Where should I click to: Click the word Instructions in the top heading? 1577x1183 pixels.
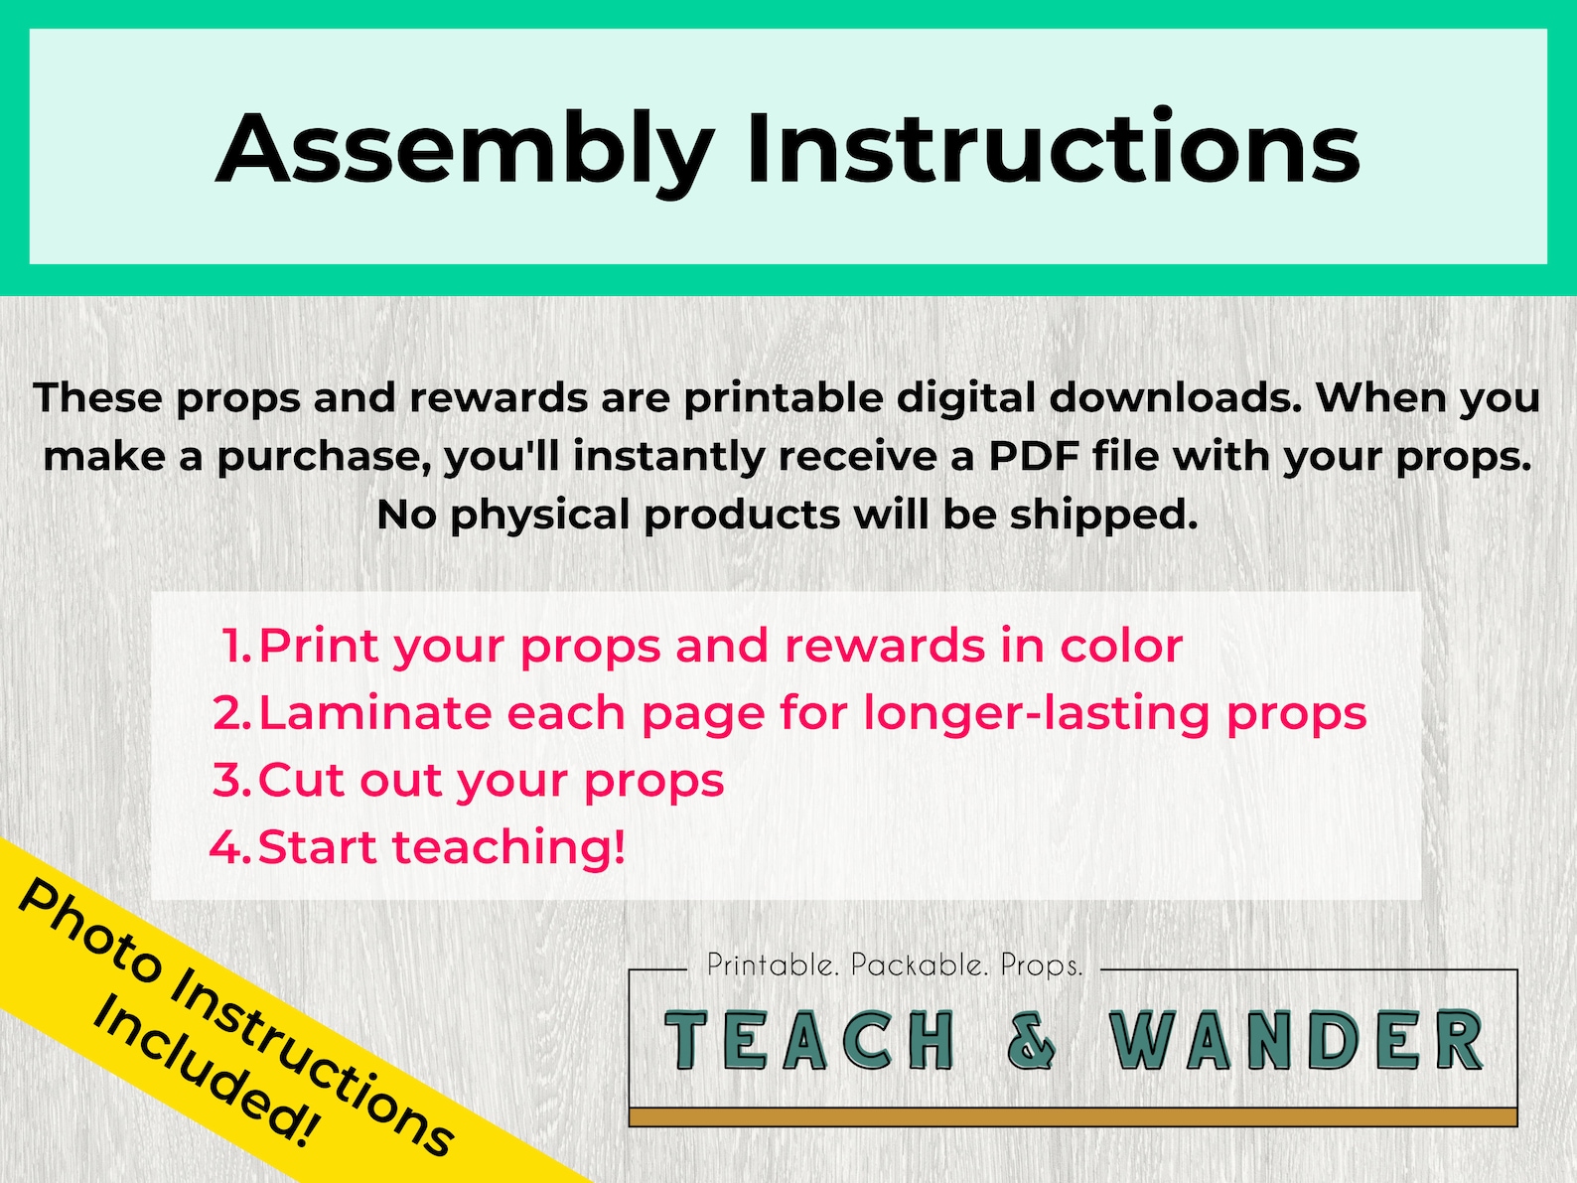(x=1053, y=149)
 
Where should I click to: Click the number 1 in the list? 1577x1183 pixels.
(x=234, y=647)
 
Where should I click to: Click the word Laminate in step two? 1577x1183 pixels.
(x=373, y=713)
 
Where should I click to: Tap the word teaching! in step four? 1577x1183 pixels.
(x=509, y=847)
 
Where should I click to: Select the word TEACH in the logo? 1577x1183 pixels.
(x=809, y=1042)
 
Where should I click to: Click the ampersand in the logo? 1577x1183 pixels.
(x=1032, y=1042)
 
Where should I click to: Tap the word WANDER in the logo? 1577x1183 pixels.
(x=1296, y=1042)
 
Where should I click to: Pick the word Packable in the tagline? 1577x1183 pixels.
(x=920, y=964)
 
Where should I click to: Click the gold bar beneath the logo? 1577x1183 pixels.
(x=1073, y=1117)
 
